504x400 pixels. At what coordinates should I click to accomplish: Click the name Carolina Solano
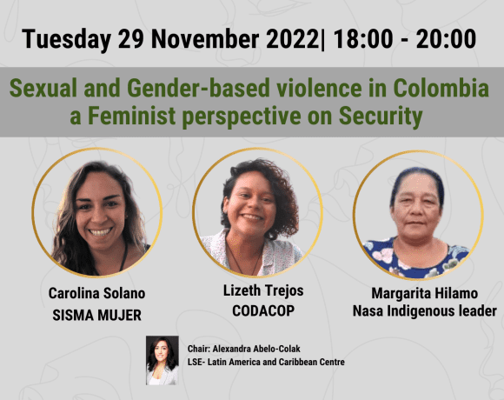pyautogui.click(x=96, y=295)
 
